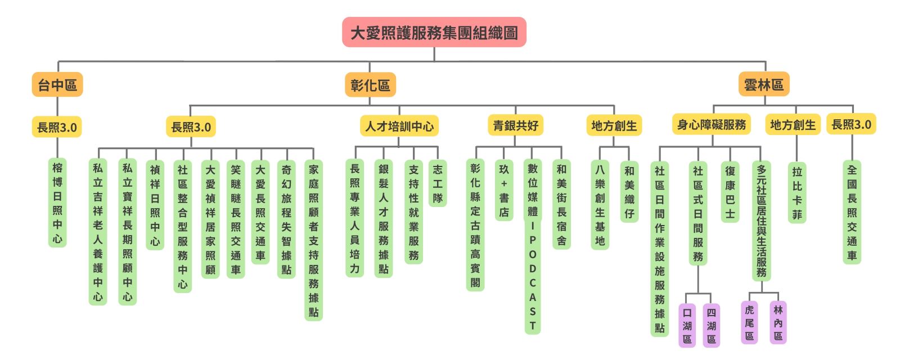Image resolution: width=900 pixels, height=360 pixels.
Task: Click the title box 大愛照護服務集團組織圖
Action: pyautogui.click(x=434, y=32)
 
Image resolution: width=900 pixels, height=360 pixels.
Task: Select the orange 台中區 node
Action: pyautogui.click(x=57, y=85)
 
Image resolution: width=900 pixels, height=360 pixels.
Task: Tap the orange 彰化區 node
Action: pyautogui.click(x=370, y=85)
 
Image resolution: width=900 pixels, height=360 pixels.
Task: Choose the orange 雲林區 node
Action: pyautogui.click(x=763, y=84)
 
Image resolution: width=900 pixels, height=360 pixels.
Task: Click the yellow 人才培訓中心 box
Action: pyautogui.click(x=399, y=126)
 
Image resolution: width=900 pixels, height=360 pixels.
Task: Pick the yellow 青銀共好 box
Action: pyautogui.click(x=515, y=125)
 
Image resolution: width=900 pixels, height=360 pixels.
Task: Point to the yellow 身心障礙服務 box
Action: pyautogui.click(x=712, y=124)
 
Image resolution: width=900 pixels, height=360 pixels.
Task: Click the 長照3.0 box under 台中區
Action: pyautogui.click(x=57, y=127)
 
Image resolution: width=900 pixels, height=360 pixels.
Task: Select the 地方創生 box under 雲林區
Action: pyautogui.click(x=793, y=125)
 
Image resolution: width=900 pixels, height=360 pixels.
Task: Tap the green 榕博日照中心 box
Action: pyautogui.click(x=57, y=202)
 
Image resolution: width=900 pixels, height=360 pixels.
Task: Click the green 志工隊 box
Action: pyautogui.click(x=438, y=183)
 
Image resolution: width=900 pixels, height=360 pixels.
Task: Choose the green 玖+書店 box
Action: pyautogui.click(x=504, y=190)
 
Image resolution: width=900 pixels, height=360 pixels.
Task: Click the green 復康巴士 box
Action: pyautogui.click(x=730, y=192)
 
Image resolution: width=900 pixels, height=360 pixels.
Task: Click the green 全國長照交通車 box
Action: pyautogui.click(x=852, y=212)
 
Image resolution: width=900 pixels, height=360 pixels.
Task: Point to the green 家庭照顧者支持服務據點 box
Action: pyautogui.click(x=313, y=240)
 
